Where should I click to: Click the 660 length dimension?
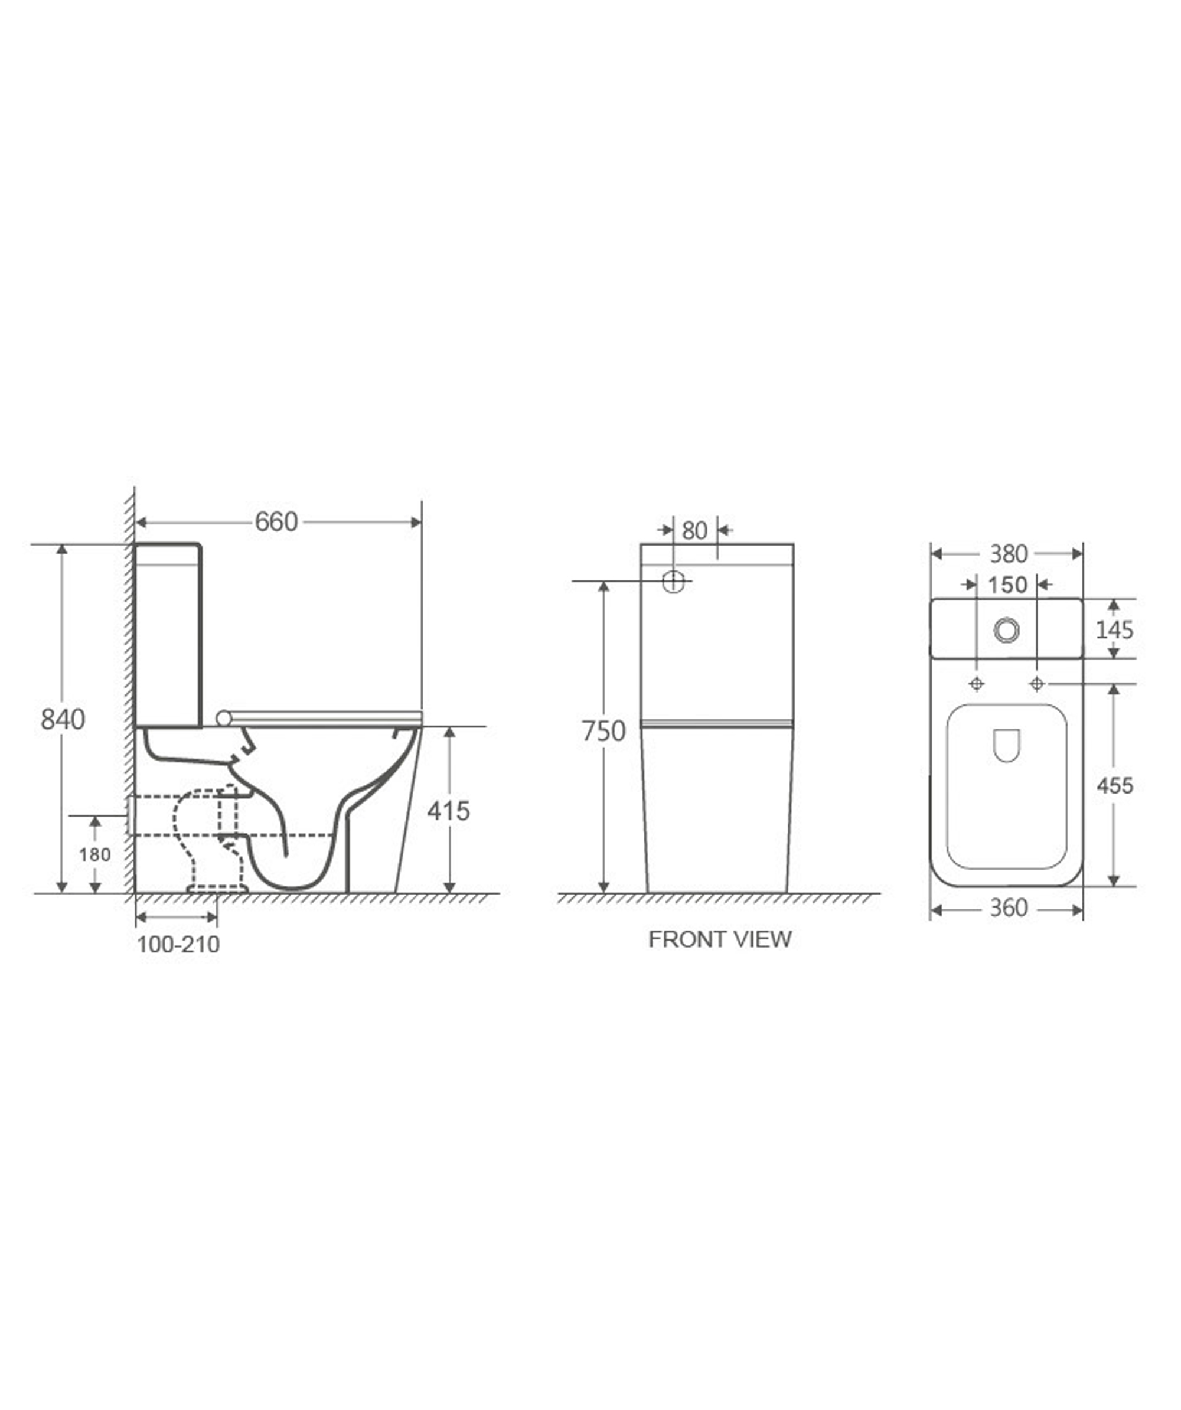click(x=276, y=522)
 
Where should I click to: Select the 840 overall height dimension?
click(x=63, y=719)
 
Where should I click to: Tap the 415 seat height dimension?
click(x=449, y=811)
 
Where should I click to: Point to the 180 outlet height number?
click(x=94, y=855)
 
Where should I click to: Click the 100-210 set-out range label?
click(x=178, y=945)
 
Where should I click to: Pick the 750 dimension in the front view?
click(x=603, y=730)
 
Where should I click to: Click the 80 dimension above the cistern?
click(x=694, y=530)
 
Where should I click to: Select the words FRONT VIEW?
click(x=719, y=939)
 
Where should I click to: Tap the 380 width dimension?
click(x=1009, y=554)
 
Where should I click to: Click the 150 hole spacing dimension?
click(x=1007, y=585)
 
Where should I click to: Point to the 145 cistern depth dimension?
click(x=1114, y=630)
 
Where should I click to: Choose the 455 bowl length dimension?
click(x=1114, y=785)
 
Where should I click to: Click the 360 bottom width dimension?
click(x=1009, y=908)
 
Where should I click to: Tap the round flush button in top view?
click(x=1006, y=630)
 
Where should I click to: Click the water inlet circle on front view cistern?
click(x=673, y=582)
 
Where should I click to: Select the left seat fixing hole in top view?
click(x=977, y=684)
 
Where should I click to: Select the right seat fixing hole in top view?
click(x=1037, y=684)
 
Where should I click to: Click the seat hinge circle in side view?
click(x=224, y=719)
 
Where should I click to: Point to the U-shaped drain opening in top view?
click(x=1006, y=745)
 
